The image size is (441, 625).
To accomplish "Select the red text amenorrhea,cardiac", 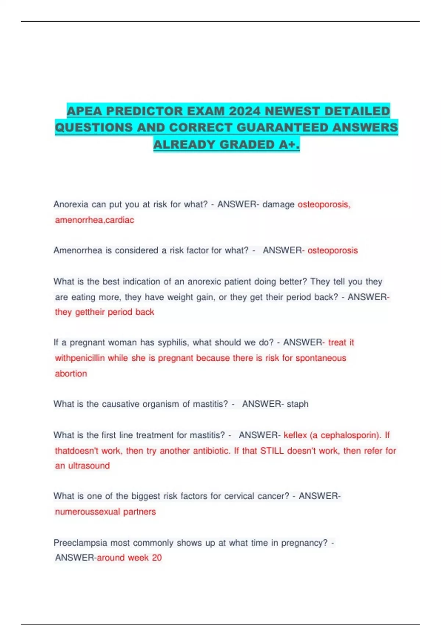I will pos(94,220).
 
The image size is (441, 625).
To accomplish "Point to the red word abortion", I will pos(71,374).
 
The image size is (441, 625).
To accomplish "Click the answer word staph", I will pos(298,404).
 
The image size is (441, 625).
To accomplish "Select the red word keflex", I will pos(295,435).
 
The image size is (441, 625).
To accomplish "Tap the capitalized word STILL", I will pos(272,451).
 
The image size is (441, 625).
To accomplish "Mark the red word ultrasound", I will pos(89,466).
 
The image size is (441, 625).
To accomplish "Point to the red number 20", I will pos(157,558).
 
